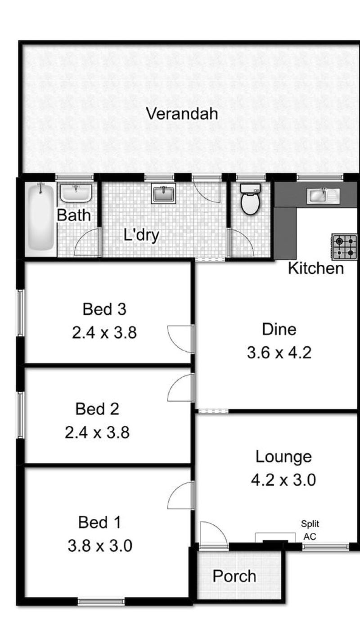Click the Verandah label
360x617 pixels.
[182, 114]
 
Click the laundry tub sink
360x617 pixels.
[163, 193]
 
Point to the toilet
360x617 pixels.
[250, 199]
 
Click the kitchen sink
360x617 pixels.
[323, 196]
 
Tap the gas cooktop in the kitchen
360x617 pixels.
[345, 247]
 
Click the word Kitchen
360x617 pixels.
[316, 268]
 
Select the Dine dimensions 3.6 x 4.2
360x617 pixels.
[279, 353]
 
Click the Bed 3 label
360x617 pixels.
[104, 309]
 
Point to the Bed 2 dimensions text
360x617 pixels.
[97, 432]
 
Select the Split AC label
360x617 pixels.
[310, 530]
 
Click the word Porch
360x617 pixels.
[234, 576]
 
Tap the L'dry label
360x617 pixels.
[141, 235]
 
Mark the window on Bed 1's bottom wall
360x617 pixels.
[101, 602]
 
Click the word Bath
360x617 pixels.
[74, 215]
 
